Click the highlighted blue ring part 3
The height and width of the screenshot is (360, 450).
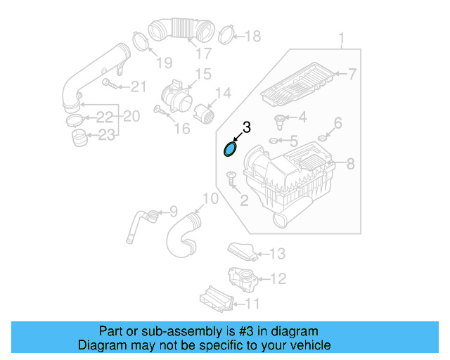230,148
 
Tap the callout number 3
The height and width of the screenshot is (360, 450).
246,127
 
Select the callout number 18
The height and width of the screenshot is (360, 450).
252,36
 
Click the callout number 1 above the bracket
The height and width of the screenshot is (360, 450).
342,37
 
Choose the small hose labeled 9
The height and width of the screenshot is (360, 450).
138,221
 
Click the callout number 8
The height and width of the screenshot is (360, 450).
351,165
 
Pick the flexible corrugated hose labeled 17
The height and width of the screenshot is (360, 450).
181,32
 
